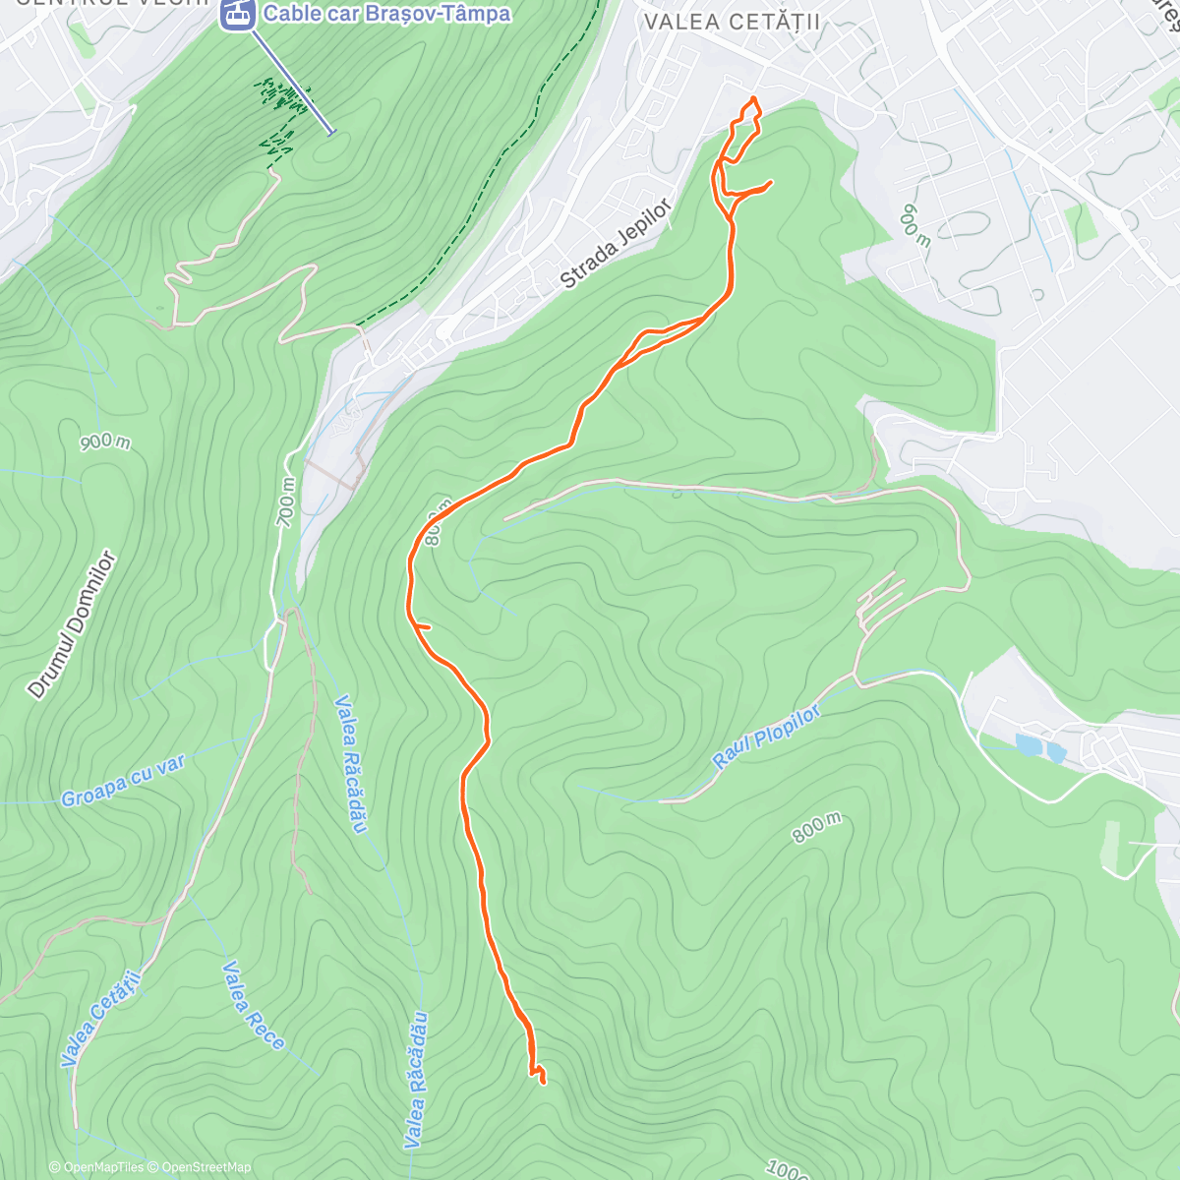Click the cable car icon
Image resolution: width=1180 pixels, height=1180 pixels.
click(x=236, y=14)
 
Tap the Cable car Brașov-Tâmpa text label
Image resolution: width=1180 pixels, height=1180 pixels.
click(x=386, y=14)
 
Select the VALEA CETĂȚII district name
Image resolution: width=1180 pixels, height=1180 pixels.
click(x=731, y=22)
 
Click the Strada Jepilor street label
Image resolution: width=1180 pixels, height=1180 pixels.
click(x=617, y=244)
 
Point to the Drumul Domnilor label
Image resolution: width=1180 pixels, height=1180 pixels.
click(x=73, y=625)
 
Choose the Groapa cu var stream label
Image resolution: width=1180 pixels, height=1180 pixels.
click(x=123, y=782)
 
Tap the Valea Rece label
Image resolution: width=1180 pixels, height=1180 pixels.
click(x=253, y=1005)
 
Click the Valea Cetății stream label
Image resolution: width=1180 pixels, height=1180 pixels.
click(x=101, y=1017)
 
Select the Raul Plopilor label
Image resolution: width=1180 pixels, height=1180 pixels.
click(x=766, y=737)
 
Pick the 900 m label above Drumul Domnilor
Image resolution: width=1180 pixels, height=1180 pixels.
click(x=105, y=442)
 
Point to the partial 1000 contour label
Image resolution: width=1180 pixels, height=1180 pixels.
click(x=788, y=1169)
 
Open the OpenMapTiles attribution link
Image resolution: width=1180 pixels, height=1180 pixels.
click(x=96, y=1167)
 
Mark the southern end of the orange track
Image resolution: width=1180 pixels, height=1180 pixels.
click(x=543, y=1082)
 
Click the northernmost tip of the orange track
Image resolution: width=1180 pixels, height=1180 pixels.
click(x=754, y=98)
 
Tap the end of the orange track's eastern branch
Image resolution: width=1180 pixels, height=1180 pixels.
click(x=770, y=182)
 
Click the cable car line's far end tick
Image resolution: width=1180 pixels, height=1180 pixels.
click(x=331, y=131)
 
